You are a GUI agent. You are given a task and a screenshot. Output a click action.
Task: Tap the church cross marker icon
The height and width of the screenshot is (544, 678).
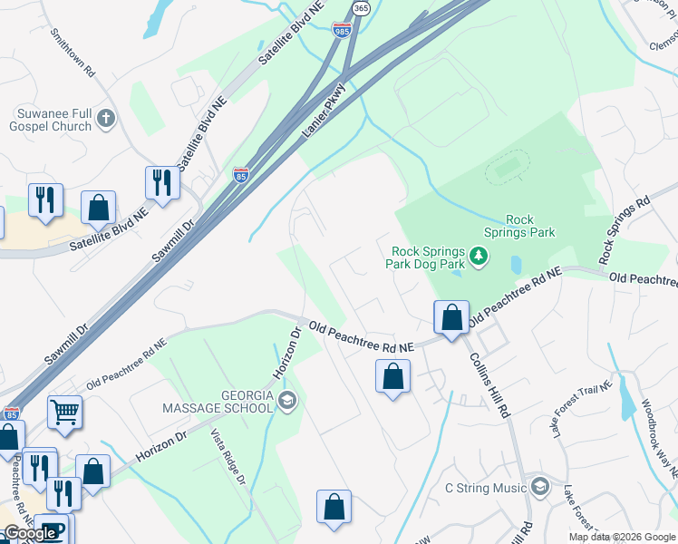[x=106, y=118]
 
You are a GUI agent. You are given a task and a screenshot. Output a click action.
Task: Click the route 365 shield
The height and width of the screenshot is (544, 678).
[x=361, y=7]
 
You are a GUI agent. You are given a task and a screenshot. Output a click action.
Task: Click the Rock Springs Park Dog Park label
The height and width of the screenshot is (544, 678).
[x=428, y=258]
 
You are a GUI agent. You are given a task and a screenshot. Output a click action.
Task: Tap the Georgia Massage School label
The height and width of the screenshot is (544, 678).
[x=218, y=401]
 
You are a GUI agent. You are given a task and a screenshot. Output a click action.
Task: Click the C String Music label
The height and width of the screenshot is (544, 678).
[x=485, y=489]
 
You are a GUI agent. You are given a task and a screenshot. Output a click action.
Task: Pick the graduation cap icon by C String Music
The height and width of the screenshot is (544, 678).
[x=539, y=488]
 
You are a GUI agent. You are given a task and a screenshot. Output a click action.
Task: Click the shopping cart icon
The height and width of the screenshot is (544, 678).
[x=64, y=413]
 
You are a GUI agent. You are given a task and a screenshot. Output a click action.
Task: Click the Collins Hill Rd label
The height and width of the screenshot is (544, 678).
[x=489, y=384]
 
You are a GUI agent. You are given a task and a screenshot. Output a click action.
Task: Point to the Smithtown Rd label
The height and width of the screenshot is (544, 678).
[x=73, y=49]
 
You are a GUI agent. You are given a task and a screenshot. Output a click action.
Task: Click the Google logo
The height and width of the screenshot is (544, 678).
[x=29, y=533]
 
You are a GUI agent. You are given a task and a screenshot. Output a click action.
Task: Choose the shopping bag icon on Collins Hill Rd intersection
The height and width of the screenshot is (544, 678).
[x=450, y=317]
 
